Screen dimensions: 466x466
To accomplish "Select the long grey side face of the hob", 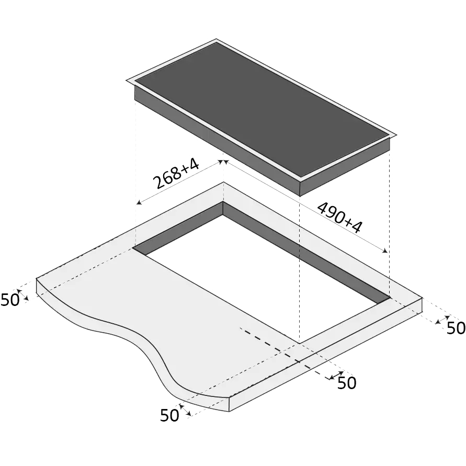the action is coord(217,140).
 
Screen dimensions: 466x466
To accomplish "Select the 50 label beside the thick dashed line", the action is coord(347,383).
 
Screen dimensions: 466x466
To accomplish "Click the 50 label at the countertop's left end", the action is coord(10,300).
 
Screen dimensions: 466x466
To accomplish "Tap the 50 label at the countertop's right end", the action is coord(456,328).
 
